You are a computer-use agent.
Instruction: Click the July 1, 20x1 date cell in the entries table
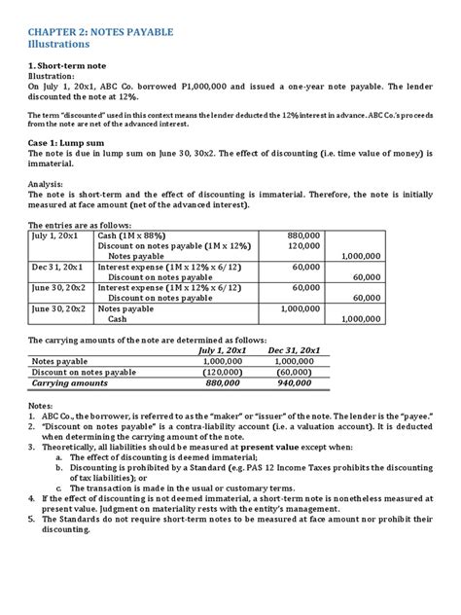click(x=56, y=235)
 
